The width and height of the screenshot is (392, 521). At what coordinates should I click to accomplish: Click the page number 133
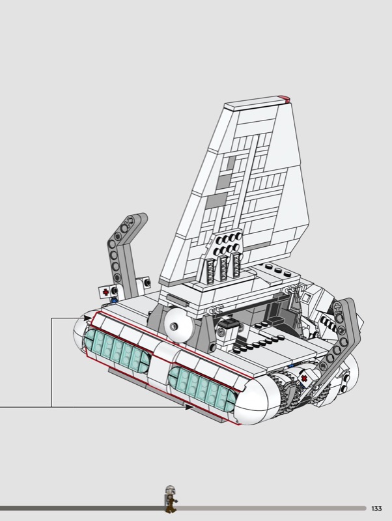click(377, 509)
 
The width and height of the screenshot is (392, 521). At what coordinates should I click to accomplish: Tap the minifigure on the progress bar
click(171, 499)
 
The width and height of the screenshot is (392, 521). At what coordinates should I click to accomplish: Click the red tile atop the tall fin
click(284, 98)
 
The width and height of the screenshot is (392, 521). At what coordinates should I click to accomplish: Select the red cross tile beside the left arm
click(105, 292)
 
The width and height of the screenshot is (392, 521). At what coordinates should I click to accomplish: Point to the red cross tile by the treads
click(303, 378)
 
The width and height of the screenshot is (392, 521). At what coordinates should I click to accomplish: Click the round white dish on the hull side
click(178, 326)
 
